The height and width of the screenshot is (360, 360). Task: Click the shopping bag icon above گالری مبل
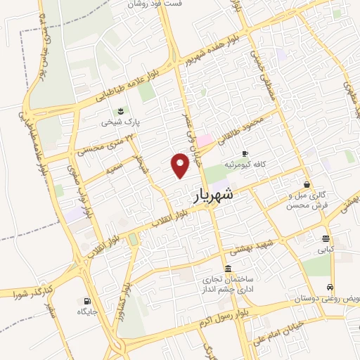coord(307,184)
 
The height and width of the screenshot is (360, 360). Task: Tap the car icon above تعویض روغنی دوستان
coord(329,287)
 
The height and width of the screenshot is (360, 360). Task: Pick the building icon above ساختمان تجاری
coord(227,269)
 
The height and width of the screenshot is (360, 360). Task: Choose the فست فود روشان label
coord(155,4)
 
